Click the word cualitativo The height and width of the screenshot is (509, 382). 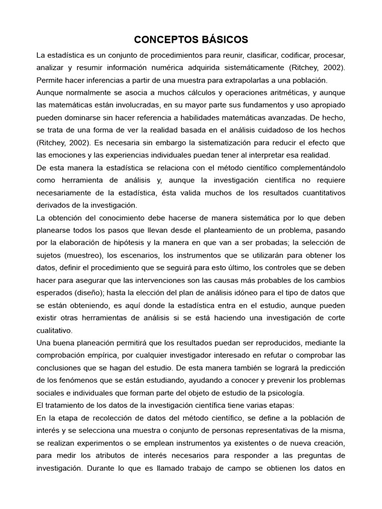pyautogui.click(x=54, y=331)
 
